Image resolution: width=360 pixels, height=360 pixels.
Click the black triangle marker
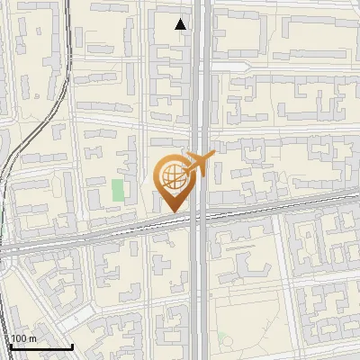pyautogui.click(x=182, y=24)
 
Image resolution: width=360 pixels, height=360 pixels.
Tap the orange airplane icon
pyautogui.click(x=199, y=165)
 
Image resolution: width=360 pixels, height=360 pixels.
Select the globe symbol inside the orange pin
pyautogui.click(x=171, y=175)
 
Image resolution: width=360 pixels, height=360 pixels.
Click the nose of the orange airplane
pyautogui.click(x=214, y=155)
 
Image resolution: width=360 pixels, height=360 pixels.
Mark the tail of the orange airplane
pyautogui.click(x=186, y=171)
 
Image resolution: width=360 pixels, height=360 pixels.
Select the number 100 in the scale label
pyautogui.click(x=19, y=338)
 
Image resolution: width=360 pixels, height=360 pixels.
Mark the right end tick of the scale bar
pyautogui.click(x=72, y=345)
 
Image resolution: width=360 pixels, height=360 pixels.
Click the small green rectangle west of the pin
pyautogui.click(x=118, y=191)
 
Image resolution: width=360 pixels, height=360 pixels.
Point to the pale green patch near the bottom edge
pyautogui.click(x=226, y=343)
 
